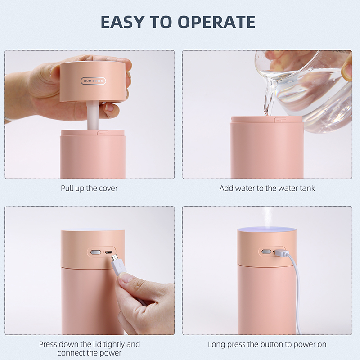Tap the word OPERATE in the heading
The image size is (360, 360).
[x=216, y=22]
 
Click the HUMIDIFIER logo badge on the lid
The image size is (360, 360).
[x=93, y=81]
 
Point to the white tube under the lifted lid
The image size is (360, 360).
[x=94, y=117]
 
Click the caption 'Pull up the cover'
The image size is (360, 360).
[x=89, y=189]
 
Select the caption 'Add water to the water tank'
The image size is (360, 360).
[x=267, y=188]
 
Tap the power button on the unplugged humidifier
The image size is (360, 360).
[x=96, y=252]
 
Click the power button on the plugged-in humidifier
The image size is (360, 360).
[x=266, y=252]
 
